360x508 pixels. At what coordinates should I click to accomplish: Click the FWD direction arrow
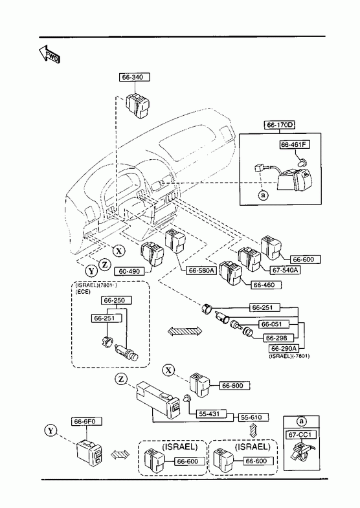coord(49,54)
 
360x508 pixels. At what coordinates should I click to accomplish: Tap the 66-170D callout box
coord(279,125)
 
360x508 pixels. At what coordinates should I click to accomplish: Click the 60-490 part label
coord(129,271)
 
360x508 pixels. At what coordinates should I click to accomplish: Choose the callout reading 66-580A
coord(201,271)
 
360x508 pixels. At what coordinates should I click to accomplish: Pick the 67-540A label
coord(285,270)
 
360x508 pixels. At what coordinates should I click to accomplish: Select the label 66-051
coord(273,324)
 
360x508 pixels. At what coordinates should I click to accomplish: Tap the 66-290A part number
coord(284,349)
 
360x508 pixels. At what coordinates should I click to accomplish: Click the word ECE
coord(83,292)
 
